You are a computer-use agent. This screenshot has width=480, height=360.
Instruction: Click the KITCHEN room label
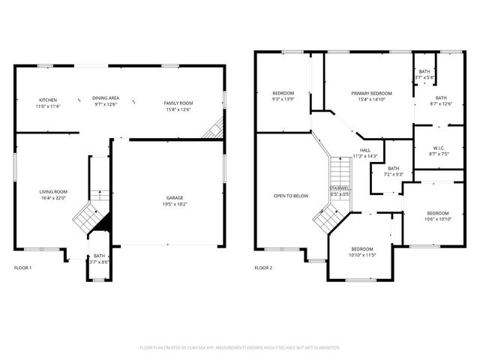tap(48, 100)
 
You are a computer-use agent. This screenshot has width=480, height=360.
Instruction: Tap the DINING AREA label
tap(106, 98)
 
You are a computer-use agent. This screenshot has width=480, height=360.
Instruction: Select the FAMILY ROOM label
tap(178, 103)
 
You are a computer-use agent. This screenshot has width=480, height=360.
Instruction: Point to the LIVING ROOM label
tap(53, 192)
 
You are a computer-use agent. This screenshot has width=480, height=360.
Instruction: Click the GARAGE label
tap(174, 198)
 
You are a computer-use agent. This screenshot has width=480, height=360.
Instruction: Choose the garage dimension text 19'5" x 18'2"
tap(174, 204)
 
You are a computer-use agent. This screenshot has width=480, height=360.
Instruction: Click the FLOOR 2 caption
tap(263, 268)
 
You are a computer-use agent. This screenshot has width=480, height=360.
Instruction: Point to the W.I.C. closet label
tap(439, 148)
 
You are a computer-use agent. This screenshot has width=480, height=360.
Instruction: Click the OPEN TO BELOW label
tap(290, 196)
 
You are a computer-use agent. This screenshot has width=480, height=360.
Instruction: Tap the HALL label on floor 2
tap(365, 150)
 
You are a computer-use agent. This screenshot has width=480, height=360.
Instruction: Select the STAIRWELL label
tap(340, 188)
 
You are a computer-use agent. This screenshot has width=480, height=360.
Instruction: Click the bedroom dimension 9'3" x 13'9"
tap(283, 99)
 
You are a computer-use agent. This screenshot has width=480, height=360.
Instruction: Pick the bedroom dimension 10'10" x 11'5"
tap(362, 255)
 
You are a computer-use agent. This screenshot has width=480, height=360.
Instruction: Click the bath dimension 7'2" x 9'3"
tap(393, 174)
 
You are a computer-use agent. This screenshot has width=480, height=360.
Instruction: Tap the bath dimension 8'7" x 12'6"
tap(441, 103)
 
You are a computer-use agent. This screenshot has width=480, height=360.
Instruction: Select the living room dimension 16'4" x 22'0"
tap(53, 198)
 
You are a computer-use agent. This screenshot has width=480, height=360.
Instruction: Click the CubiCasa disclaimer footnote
tap(240, 347)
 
